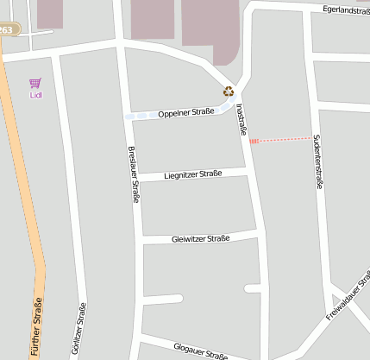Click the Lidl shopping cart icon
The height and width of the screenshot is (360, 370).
coord(35,83)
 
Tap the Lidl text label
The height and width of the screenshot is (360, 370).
coord(35,95)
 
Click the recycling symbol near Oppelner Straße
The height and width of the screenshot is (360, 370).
coord(229,91)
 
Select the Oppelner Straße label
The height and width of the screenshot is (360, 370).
coord(185,112)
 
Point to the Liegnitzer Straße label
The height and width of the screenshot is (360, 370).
coord(192,174)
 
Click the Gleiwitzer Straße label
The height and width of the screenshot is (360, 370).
coord(200,238)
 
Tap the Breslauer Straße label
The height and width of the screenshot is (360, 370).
coord(134,174)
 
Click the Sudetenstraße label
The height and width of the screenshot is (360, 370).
coord(317,161)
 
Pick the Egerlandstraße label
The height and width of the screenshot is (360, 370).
coord(346,9)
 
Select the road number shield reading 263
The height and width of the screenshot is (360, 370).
coord(7,29)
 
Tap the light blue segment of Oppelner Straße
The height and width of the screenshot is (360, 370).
coord(138,115)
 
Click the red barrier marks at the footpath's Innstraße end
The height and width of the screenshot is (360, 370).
coord(253,142)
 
